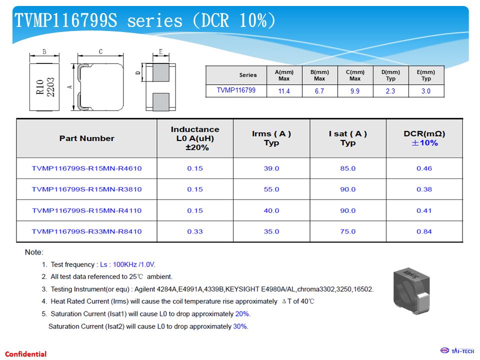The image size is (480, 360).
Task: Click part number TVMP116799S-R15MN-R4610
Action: coord(86,168)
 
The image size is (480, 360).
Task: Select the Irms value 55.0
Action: coord(271,189)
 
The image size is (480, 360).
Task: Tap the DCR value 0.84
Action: coord(424,231)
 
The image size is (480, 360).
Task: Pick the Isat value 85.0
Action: coord(348,168)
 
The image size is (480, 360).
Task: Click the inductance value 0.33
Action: coord(195,231)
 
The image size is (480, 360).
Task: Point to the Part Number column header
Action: coord(86,138)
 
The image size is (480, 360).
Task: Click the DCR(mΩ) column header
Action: coord(424,138)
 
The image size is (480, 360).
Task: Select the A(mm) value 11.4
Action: coord(284,91)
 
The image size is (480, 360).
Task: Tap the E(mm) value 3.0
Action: coord(426,91)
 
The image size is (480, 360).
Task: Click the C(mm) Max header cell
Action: coord(355,75)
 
